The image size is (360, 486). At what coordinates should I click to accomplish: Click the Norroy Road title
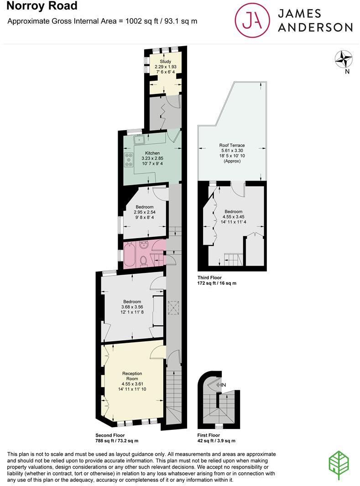tap(38, 6)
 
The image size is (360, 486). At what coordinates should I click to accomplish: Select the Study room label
tap(165, 62)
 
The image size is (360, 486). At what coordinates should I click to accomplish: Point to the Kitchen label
tap(152, 153)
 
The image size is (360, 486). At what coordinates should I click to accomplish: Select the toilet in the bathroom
tap(143, 261)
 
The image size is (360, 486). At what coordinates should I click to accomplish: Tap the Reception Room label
tap(132, 376)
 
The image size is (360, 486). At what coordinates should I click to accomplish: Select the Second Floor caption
tap(110, 435)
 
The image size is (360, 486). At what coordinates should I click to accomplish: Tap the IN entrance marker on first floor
tap(222, 385)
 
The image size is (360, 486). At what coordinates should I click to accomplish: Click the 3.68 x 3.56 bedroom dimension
tap(132, 308)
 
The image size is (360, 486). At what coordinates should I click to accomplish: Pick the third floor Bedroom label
tap(234, 212)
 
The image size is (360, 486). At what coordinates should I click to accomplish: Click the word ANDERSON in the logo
tap(316, 27)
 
